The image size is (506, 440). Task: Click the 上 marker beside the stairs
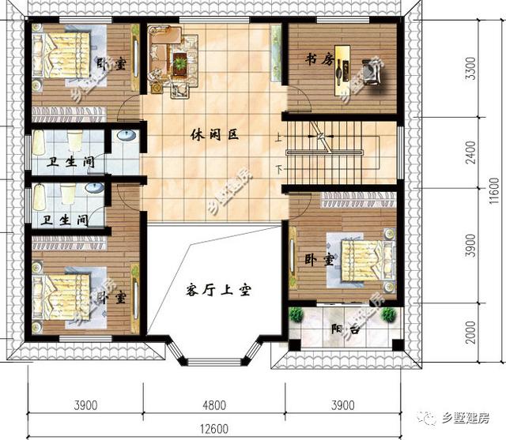[x=278, y=137]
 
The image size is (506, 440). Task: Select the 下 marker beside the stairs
[x=278, y=169]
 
